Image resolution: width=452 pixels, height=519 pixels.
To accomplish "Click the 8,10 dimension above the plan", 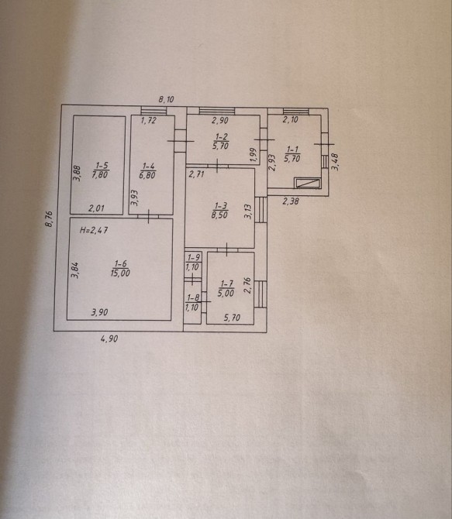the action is (166, 99).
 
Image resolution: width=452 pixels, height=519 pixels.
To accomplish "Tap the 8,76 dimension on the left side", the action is (49, 219).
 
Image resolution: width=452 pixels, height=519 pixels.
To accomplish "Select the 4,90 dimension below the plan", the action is (109, 339).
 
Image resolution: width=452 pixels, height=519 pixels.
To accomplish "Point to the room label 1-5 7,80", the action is (101, 170).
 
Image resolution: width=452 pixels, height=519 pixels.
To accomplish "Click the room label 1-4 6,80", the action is (147, 170).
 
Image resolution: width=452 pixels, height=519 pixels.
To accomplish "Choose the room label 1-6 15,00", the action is (120, 269).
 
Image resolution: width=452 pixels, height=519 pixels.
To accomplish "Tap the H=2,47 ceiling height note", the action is (94, 230).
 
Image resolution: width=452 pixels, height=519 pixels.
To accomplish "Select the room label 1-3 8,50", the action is (219, 211).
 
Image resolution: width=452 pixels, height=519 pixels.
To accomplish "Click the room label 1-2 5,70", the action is (221, 142).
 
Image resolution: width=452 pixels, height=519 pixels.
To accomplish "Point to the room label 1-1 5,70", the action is (292, 155).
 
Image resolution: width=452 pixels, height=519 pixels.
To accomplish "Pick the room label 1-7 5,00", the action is (226, 288).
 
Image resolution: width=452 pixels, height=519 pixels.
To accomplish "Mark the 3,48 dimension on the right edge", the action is (335, 161).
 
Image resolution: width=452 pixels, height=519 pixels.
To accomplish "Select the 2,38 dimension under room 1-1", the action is (291, 201).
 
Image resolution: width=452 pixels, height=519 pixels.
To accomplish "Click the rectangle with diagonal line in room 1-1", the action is (308, 183).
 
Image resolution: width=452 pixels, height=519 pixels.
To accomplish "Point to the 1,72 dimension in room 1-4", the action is (148, 121).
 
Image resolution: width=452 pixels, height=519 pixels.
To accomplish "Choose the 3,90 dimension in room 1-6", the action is (99, 312).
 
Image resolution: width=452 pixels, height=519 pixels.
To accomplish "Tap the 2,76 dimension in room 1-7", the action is (247, 285).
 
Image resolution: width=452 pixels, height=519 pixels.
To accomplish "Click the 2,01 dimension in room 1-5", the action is (96, 208).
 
